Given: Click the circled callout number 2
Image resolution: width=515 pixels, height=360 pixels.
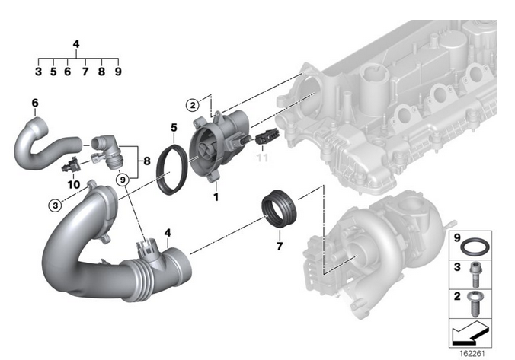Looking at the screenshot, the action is [193, 105].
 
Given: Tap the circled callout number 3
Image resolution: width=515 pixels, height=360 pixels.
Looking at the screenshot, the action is [55, 205].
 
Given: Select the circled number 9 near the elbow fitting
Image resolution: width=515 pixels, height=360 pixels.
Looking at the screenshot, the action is [123, 180].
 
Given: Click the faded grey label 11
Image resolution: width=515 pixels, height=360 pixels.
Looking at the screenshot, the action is [262, 158].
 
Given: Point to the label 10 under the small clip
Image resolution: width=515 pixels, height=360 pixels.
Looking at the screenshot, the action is [74, 184].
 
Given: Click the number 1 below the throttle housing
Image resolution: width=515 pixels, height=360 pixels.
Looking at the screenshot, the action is [216, 197].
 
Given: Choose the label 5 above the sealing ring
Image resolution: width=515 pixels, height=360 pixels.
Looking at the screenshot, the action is [174, 127].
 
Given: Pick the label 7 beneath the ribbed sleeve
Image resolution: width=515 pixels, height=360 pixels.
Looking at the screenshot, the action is [280, 246].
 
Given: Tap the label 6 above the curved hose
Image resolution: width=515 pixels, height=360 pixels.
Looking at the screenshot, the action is [35, 103].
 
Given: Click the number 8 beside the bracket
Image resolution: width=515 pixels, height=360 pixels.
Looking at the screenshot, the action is [147, 161].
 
